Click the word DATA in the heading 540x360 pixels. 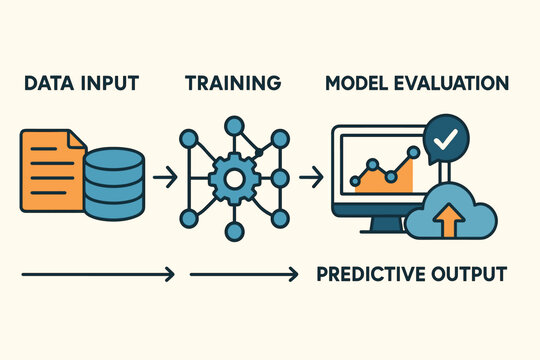pos(44,82)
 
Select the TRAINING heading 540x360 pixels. pos(233,82)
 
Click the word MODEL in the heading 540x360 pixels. pos(358,82)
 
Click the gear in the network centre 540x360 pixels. pos(234,179)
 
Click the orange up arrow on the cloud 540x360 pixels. pos(443,218)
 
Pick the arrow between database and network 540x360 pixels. pos(167,178)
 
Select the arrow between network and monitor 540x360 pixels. pos(311,178)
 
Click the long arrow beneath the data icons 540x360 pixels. pos(98,273)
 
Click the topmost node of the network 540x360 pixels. pos(234,126)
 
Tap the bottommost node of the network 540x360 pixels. pos(234,232)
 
